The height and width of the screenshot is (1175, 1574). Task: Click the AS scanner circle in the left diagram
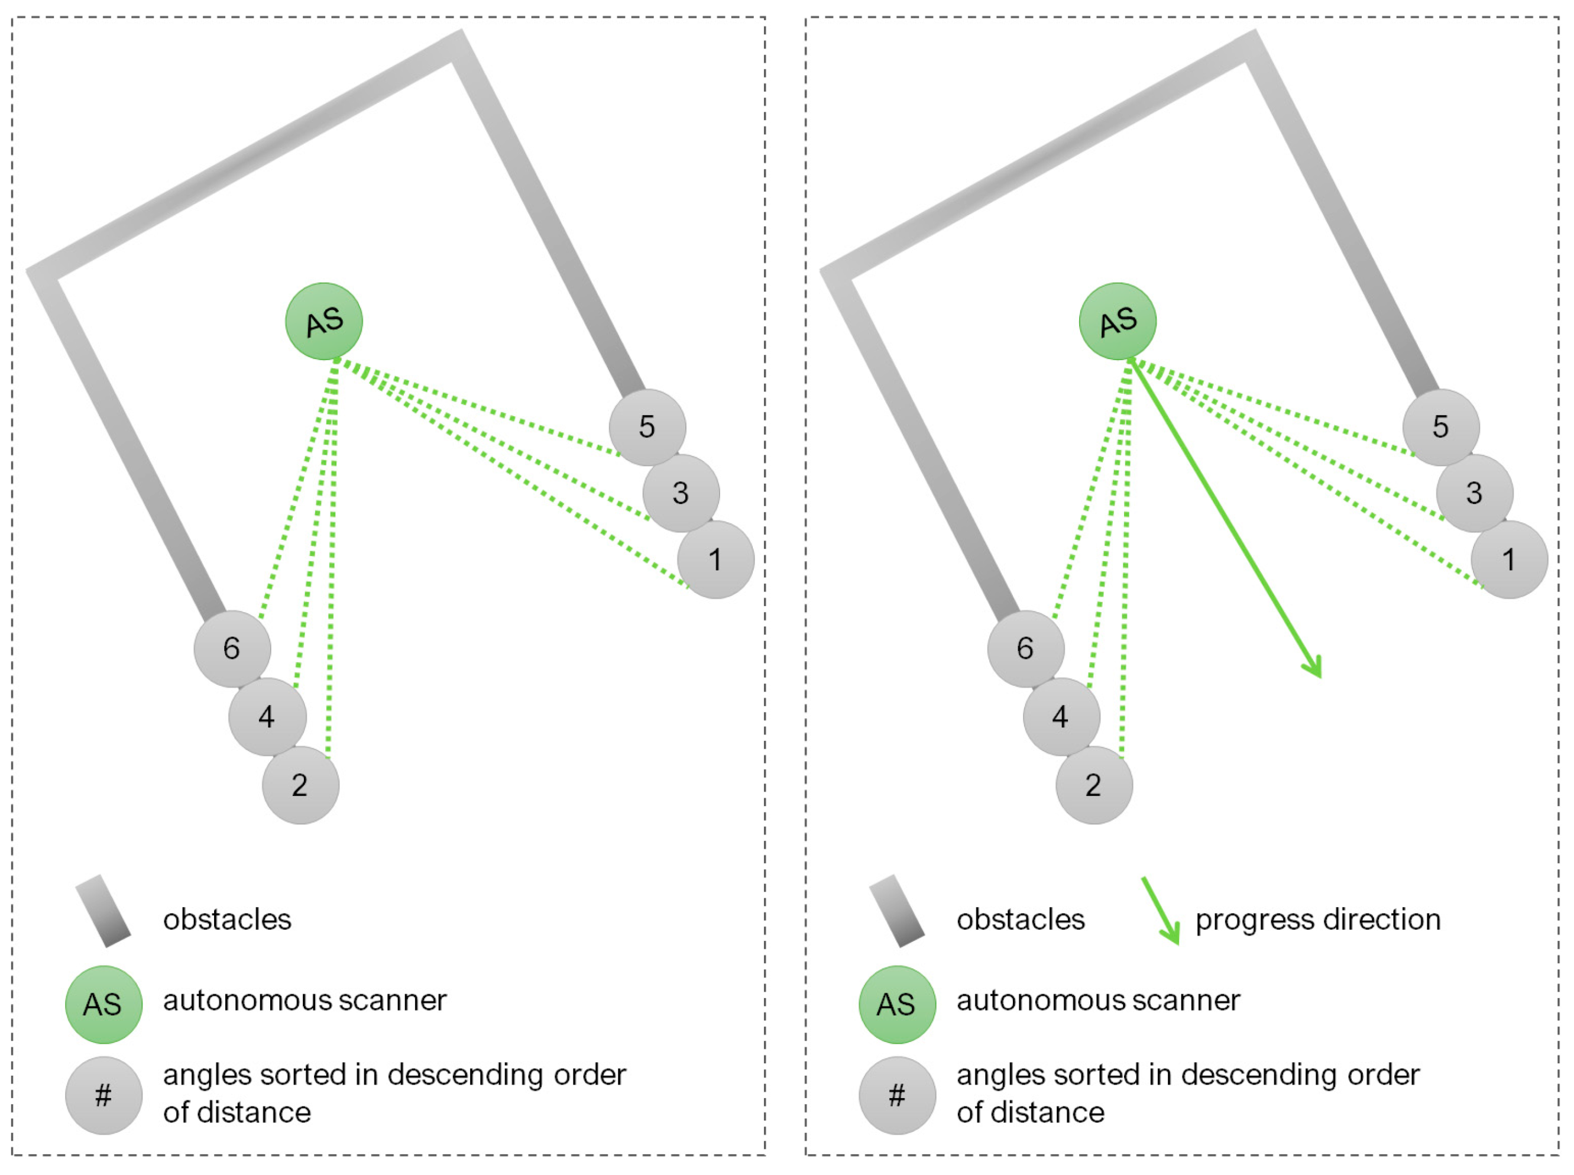click(x=323, y=321)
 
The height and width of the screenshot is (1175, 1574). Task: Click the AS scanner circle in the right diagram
click(x=1117, y=321)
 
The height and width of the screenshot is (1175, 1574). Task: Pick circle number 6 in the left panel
click(x=232, y=648)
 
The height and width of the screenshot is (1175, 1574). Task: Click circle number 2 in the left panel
click(x=300, y=785)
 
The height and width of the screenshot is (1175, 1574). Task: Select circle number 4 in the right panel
click(x=1061, y=716)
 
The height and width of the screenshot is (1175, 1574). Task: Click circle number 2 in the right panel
click(x=1093, y=785)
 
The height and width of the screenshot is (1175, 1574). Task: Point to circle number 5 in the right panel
click(x=1440, y=427)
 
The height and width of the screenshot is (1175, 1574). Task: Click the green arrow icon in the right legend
click(x=1161, y=911)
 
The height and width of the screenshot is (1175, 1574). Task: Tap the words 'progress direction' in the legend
click(x=1317, y=920)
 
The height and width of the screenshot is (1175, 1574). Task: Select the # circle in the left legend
click(x=104, y=1095)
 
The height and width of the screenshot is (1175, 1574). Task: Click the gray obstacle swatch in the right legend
click(x=896, y=911)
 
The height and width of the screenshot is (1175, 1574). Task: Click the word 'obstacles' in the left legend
click(x=227, y=920)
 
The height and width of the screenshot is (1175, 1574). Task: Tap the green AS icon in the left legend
click(x=104, y=1004)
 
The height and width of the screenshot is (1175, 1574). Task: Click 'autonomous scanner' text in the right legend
click(x=1097, y=1001)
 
